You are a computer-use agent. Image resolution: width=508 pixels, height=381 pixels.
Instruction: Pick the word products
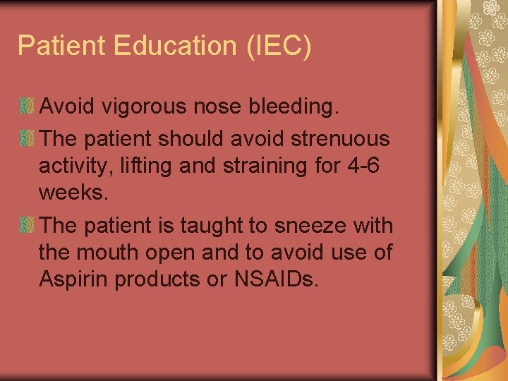click(154, 279)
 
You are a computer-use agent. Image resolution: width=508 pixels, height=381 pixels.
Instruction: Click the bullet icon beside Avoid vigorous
click(27, 107)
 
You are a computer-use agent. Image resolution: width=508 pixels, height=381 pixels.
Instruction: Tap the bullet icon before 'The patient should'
click(27, 138)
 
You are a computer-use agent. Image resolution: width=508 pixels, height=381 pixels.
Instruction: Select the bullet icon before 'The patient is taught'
click(27, 226)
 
